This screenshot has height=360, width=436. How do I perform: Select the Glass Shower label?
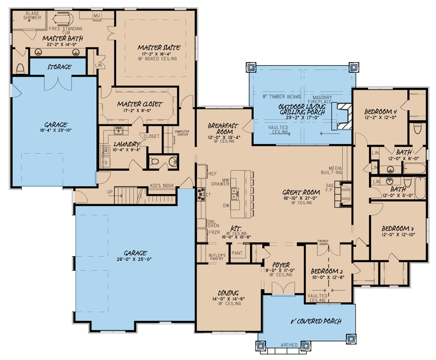coord(33,16)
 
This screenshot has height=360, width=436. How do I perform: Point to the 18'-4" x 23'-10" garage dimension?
coord(56,130)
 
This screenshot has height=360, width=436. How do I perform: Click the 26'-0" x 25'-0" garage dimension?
coord(135,259)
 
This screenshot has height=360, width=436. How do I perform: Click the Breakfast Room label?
coord(222,128)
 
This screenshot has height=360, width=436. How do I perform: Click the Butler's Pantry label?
coord(217,257)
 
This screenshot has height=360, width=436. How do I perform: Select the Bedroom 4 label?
coord(380,112)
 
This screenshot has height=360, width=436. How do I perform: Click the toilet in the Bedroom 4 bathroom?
coord(417,128)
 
